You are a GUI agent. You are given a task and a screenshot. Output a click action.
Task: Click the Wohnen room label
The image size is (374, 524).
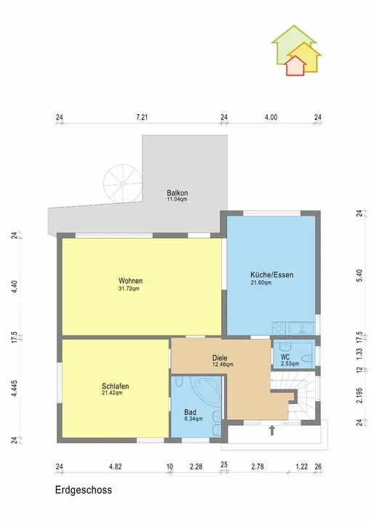click(x=131, y=281)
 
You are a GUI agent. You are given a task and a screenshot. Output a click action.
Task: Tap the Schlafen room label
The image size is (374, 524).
click(x=115, y=386)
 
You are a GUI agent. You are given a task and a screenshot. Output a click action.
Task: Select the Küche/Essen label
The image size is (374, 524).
click(x=272, y=275)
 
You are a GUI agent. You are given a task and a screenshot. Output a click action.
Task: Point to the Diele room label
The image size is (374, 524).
click(x=220, y=358)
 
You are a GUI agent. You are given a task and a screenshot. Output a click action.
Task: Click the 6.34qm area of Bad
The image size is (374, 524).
click(x=194, y=418)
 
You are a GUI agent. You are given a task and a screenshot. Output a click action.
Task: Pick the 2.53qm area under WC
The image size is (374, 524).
click(x=290, y=364)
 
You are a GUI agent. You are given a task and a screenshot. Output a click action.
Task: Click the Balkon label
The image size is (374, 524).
click(x=177, y=193)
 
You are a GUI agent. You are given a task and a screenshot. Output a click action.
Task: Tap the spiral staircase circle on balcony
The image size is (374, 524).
click(x=123, y=183)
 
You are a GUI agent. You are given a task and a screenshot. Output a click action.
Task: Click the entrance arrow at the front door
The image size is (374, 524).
click(x=272, y=430)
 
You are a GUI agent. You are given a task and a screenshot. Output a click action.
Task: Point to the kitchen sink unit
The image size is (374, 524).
click(x=302, y=328)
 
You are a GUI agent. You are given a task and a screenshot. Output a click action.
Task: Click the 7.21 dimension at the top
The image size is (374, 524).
click(x=142, y=117)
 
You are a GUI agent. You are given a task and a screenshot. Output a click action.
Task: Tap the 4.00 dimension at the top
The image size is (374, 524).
click(x=271, y=117)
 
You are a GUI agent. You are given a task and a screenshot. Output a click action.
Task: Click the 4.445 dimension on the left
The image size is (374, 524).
click(x=14, y=389)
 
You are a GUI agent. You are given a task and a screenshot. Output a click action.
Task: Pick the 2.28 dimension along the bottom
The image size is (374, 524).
click(x=196, y=467)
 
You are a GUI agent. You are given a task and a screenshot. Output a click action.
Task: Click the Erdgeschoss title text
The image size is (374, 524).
click(x=84, y=491)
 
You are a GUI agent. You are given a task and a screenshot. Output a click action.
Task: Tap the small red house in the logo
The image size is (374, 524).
click(x=295, y=65)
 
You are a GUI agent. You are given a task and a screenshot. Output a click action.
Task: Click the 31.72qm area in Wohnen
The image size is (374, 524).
click(x=129, y=288)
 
